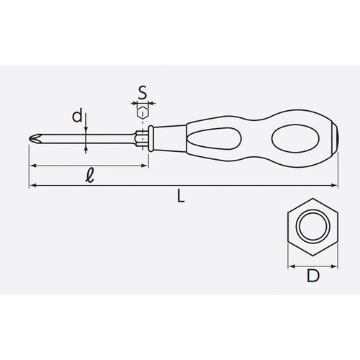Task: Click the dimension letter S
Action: [x=143, y=93]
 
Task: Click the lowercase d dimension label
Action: [x=77, y=116]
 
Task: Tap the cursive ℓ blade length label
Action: [x=90, y=175]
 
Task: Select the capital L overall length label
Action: [x=181, y=196]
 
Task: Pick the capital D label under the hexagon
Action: [x=313, y=276]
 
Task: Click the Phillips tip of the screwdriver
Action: [x=33, y=139]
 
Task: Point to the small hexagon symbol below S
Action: [x=143, y=113]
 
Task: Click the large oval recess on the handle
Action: [x=296, y=138]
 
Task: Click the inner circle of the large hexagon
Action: [x=312, y=226]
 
